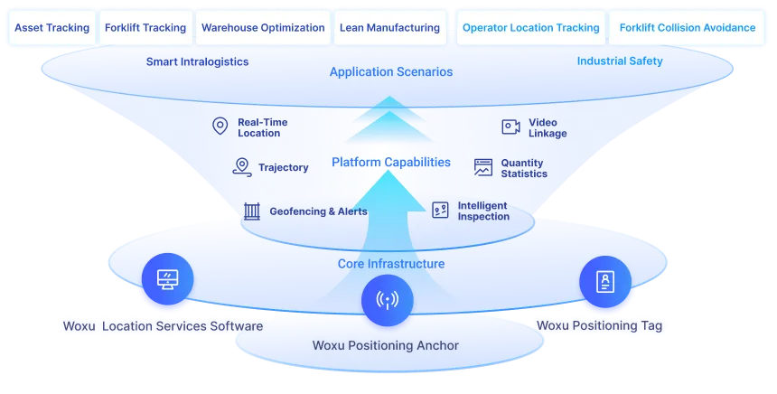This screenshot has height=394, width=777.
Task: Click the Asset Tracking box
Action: tap(51, 28)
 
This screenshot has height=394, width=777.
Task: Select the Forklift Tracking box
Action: tap(145, 28)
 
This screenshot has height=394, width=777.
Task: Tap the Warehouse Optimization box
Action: tap(263, 28)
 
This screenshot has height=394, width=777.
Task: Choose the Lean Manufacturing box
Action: tap(389, 28)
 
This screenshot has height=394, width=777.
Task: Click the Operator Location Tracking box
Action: tap(530, 28)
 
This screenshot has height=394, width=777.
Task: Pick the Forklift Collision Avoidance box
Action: tap(687, 28)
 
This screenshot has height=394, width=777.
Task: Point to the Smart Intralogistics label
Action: tap(197, 61)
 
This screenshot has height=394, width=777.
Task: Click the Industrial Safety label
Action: tap(619, 61)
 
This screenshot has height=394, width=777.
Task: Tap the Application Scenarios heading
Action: tap(391, 71)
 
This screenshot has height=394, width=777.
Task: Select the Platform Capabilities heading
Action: tap(390, 163)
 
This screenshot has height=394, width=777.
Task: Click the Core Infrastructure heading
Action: tap(391, 264)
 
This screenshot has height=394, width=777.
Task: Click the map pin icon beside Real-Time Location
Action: tap(220, 127)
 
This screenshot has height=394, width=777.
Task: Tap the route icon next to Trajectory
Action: tap(241, 166)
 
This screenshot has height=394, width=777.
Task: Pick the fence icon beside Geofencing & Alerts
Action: tap(252, 211)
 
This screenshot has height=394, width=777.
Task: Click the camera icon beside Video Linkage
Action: tap(511, 127)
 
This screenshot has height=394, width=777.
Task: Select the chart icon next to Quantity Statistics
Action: tap(483, 167)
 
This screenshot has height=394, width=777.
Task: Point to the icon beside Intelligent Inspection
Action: tap(440, 211)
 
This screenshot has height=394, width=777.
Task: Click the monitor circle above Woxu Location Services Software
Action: tap(167, 278)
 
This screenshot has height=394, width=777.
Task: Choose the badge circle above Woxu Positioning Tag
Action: tap(604, 280)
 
